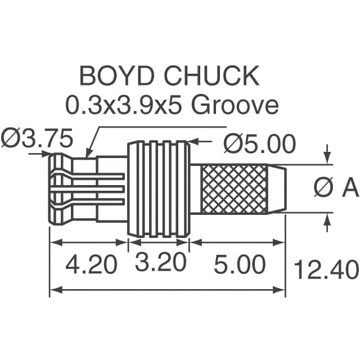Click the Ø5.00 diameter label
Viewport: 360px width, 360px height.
(259, 144)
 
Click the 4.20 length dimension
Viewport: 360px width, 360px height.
(91, 264)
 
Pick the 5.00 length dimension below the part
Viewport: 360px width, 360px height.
(240, 264)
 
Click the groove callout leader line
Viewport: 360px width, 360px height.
(94, 135)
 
